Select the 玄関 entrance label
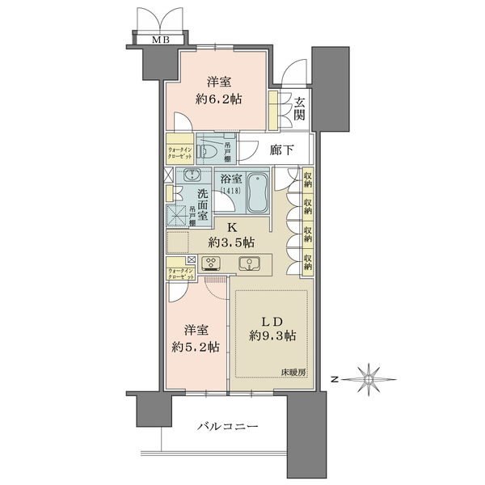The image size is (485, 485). point(298,108)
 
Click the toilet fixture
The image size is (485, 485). point(209,150)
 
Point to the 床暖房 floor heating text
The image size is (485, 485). point(294,372)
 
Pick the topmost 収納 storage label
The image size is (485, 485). point(308,179)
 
